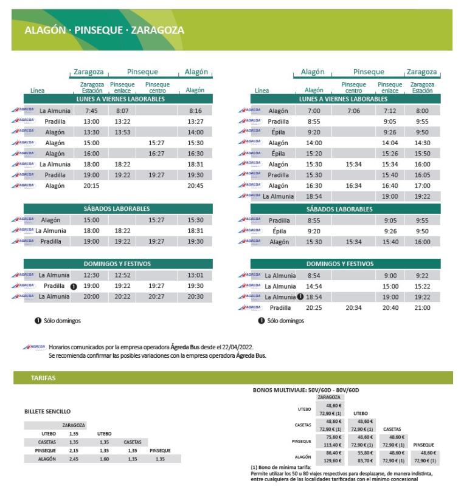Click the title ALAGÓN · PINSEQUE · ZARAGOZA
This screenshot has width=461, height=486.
[104, 30]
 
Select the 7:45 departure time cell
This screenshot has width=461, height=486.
[91, 111]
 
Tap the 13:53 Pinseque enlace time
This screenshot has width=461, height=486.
[122, 132]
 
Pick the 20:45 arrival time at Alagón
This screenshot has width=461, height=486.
[195, 186]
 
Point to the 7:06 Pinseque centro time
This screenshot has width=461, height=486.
[353, 111]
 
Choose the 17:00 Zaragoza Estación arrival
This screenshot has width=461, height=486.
[421, 186]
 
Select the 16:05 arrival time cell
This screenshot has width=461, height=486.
[421, 175]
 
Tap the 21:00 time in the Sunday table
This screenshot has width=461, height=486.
[421, 308]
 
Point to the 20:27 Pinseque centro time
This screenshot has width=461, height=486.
[156, 296]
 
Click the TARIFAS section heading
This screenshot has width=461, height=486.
[43, 378]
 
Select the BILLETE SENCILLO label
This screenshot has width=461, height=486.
[47, 411]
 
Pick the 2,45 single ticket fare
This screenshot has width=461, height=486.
[74, 459]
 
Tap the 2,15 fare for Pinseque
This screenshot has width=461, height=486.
[74, 451]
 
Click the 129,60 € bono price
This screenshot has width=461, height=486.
[333, 461]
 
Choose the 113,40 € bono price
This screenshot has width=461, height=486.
[333, 445]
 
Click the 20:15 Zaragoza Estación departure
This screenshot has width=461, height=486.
[91, 186]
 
